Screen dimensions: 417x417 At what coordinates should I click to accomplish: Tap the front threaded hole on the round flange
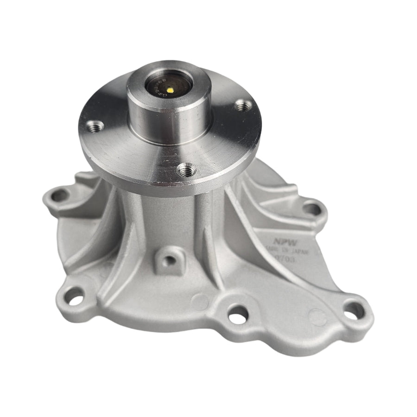click(x=186, y=170)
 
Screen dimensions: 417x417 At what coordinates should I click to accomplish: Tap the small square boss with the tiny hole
click(x=170, y=259)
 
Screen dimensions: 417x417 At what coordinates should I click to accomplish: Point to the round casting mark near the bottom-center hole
click(x=200, y=302)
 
